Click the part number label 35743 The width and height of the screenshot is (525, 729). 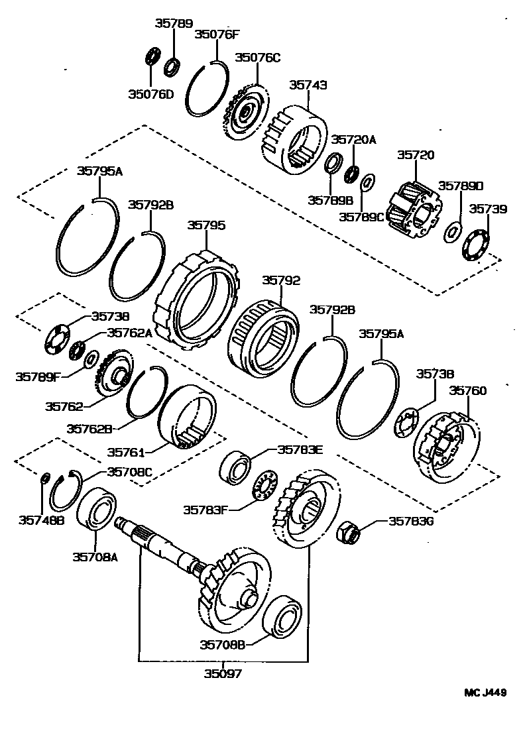coord(308,85)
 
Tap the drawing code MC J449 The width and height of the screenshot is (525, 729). coord(485,693)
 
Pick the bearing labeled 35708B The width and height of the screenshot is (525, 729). coord(283,616)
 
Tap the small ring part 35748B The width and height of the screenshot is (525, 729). coord(45,478)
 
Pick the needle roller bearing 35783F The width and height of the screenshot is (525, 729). coord(265,486)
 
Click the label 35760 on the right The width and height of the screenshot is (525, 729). coord(468,391)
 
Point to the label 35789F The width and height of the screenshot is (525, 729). coord(38,376)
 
